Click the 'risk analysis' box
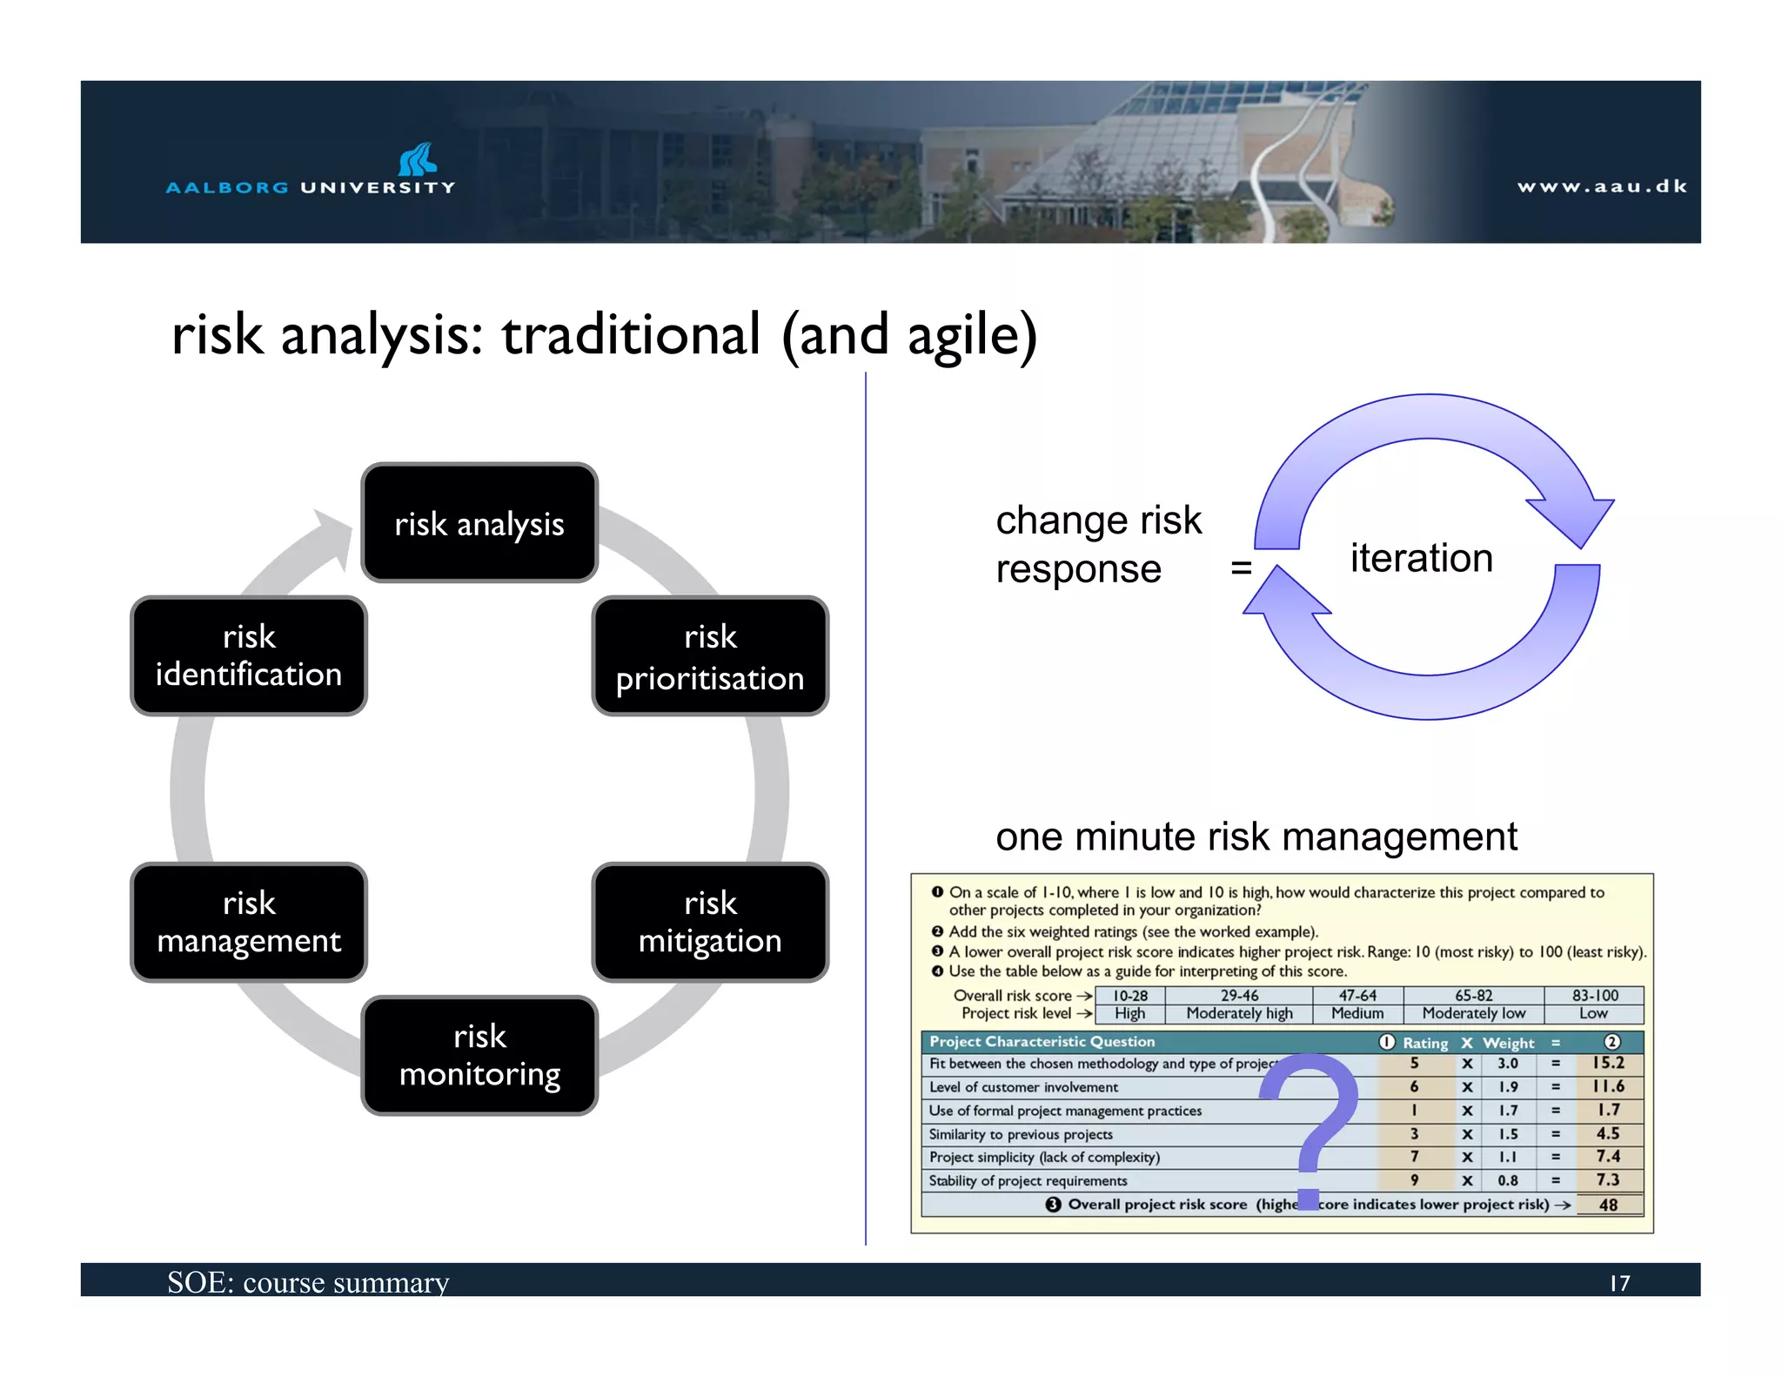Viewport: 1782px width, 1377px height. pos(479,523)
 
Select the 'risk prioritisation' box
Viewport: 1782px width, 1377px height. pos(710,656)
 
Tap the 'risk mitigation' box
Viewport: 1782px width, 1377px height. pos(710,923)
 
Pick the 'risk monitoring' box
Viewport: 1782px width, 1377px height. pos(479,1056)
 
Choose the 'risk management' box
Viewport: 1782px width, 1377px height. pos(249,923)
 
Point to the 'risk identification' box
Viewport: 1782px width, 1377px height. pos(249,656)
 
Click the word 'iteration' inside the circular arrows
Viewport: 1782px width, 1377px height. pos(1421,558)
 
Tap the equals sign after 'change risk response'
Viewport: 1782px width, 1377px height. pos(1241,568)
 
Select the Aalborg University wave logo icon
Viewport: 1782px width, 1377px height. pos(419,159)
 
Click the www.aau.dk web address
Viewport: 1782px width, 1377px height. pos(1602,186)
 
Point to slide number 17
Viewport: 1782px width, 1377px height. pos(1619,1283)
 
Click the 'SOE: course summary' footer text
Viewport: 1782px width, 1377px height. pos(308,1282)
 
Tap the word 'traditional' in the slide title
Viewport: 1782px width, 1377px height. pos(631,334)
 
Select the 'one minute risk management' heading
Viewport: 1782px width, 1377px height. pos(1256,836)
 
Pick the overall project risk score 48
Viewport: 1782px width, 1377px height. pos(1608,1205)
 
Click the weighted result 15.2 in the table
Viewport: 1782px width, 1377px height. pos(1608,1063)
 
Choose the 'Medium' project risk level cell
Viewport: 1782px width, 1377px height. pos(1357,1013)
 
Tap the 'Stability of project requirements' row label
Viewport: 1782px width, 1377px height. pos(1028,1181)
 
